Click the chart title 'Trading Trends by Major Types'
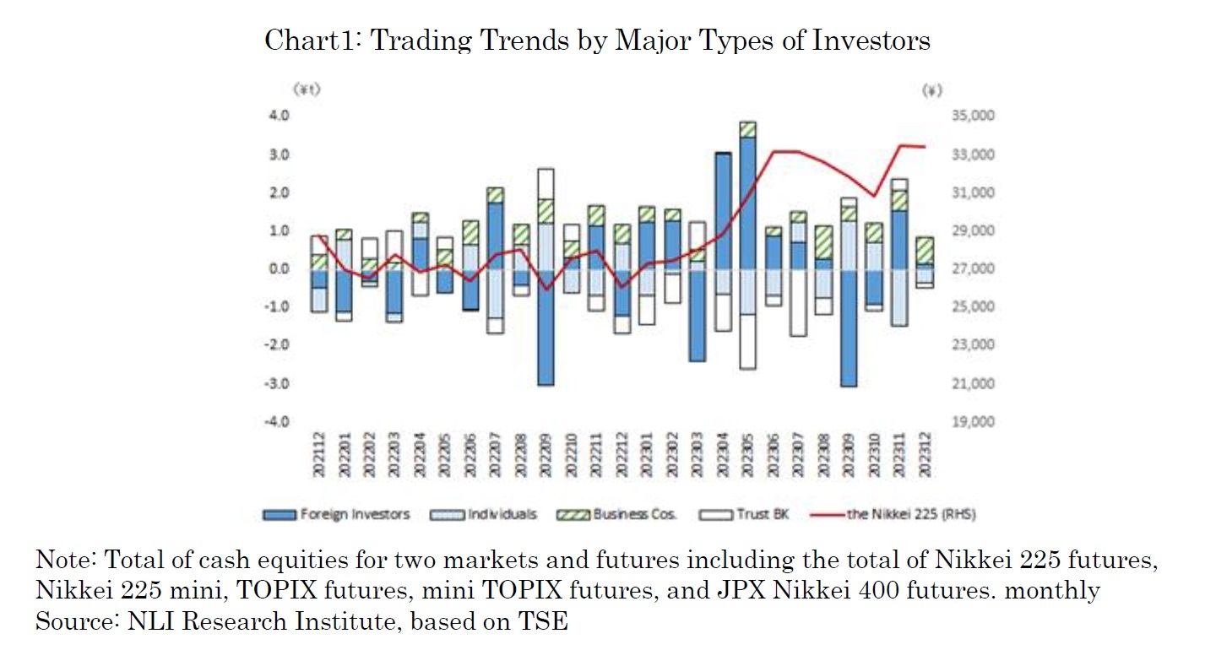tap(597, 40)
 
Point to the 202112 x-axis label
tap(319, 457)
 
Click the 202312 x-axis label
tap(925, 457)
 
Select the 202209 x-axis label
tap(546, 457)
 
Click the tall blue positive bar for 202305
tap(747, 203)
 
